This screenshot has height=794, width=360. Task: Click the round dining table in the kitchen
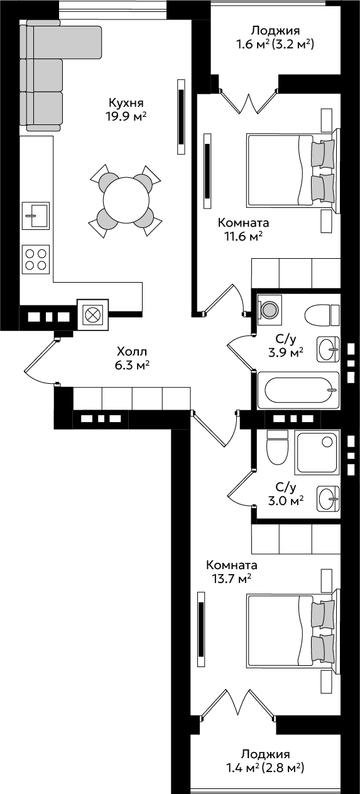click(126, 200)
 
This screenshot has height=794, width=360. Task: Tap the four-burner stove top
click(35, 259)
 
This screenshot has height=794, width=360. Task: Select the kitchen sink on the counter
click(35, 215)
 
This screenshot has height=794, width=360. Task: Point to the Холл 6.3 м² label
click(131, 358)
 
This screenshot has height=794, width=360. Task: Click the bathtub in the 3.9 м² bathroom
click(298, 390)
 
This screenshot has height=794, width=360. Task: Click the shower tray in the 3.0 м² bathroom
click(317, 453)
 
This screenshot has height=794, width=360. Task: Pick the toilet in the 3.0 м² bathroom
click(276, 447)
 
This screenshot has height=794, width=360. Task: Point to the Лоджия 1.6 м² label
click(275, 37)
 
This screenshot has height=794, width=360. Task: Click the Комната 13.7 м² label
click(232, 571)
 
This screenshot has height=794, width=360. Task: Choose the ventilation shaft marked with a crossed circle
click(92, 315)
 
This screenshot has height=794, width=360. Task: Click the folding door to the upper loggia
click(248, 101)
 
